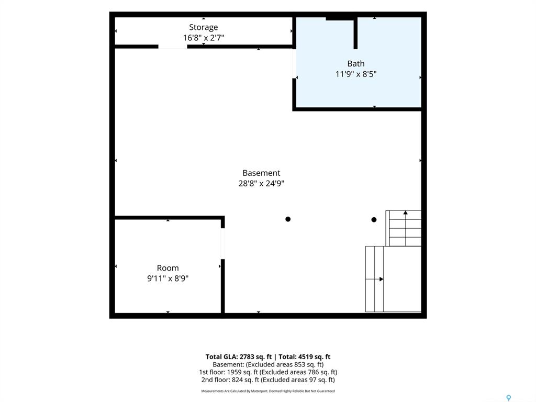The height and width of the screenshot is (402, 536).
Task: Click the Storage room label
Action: click(x=204, y=27)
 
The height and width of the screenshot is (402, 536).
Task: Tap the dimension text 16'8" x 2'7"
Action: click(x=204, y=38)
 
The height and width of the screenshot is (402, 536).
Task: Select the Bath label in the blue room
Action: click(x=356, y=63)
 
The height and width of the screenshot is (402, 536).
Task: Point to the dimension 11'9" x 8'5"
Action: click(x=356, y=74)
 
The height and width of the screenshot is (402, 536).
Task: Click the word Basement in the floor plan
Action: click(x=261, y=173)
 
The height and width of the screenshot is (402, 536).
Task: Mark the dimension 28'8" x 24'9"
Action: click(x=261, y=184)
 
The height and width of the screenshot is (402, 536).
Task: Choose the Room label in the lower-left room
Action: click(x=168, y=268)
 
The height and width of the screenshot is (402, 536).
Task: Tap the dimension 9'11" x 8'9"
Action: click(x=168, y=278)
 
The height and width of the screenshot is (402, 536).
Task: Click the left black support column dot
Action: click(x=288, y=219)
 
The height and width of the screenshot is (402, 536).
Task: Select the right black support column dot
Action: click(x=374, y=220)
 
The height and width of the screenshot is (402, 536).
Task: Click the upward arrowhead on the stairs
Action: click(x=406, y=213)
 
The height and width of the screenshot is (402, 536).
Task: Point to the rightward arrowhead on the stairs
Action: click(x=381, y=280)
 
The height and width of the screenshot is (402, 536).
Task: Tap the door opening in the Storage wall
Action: click(x=173, y=47)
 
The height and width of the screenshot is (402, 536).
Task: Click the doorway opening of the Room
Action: click(x=223, y=244)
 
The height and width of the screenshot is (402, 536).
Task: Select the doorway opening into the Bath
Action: click(x=294, y=63)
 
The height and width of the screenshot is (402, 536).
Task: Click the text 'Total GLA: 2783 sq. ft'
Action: click(x=239, y=357)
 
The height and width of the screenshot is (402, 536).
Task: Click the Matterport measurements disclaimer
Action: click(x=268, y=391)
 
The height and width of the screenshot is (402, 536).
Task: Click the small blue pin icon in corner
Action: click(x=509, y=398)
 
